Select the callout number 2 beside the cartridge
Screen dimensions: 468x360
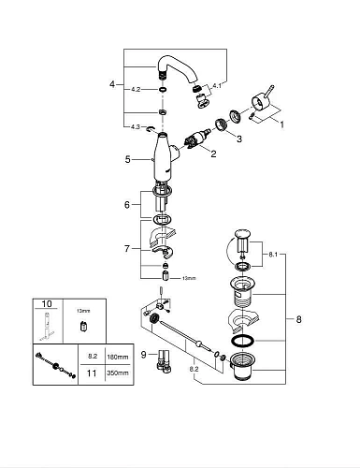213,153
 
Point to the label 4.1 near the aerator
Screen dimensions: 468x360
218,85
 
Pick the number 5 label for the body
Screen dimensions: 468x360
128,159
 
